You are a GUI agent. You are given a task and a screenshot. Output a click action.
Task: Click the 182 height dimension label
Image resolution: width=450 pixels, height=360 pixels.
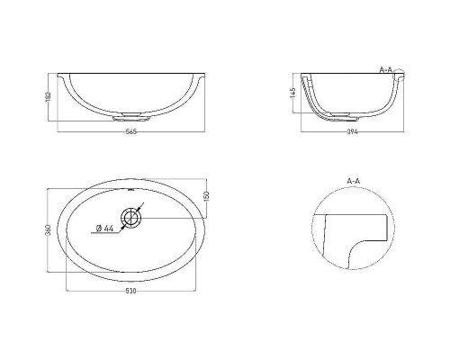(x=49, y=96)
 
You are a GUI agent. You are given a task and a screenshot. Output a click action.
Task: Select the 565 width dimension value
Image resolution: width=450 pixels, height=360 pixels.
(x=131, y=131)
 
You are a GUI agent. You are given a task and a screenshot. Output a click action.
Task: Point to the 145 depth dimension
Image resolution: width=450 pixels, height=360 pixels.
(x=293, y=93)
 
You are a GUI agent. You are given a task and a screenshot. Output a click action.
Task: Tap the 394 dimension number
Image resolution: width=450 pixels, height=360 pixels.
(x=353, y=131)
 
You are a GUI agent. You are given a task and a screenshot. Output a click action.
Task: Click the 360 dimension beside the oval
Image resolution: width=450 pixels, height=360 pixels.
(x=50, y=230)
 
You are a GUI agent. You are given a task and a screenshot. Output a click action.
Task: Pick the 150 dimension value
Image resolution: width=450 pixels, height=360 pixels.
(x=206, y=196)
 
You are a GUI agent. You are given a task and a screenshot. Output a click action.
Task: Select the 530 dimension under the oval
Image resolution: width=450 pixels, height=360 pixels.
(x=130, y=291)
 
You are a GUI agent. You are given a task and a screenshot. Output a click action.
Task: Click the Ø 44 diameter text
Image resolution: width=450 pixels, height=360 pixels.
(x=104, y=229)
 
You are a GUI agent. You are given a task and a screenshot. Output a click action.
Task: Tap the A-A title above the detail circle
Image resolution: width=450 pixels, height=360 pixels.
(x=354, y=181)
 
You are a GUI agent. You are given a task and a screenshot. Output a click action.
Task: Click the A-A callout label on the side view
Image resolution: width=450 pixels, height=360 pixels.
(x=386, y=69)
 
